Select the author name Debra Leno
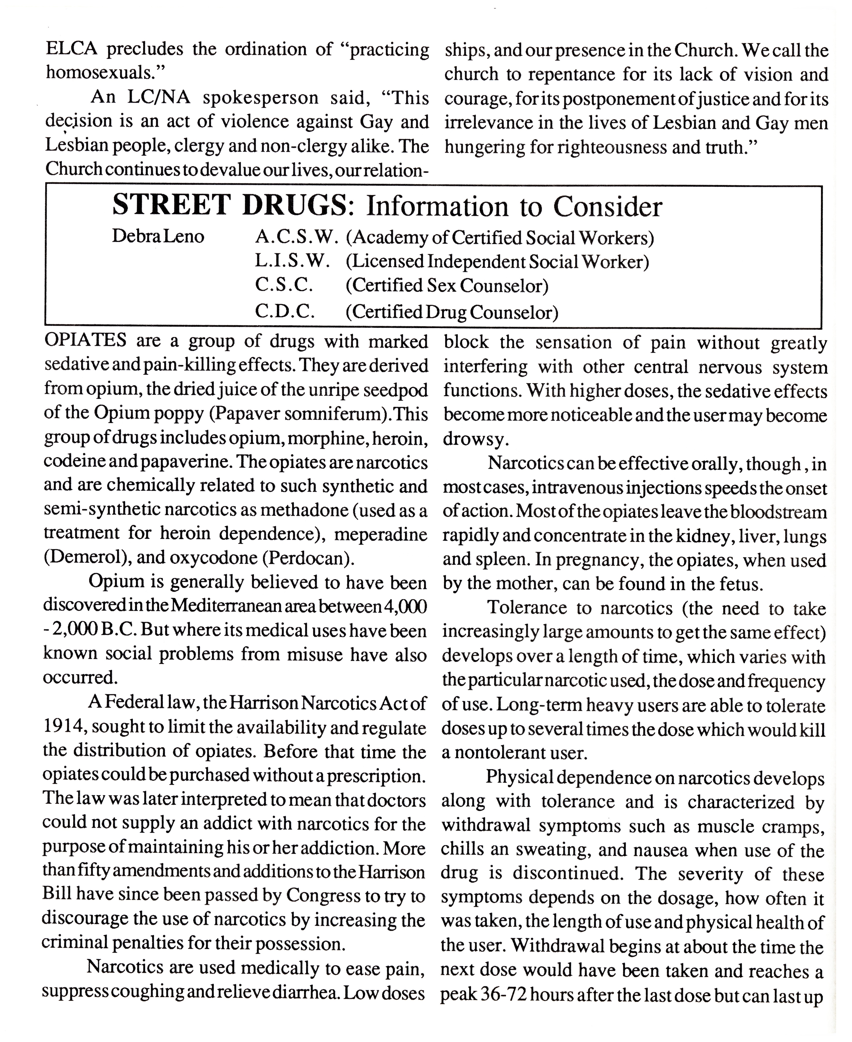(158, 237)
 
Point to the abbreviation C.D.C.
(285, 311)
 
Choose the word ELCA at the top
(72, 50)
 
